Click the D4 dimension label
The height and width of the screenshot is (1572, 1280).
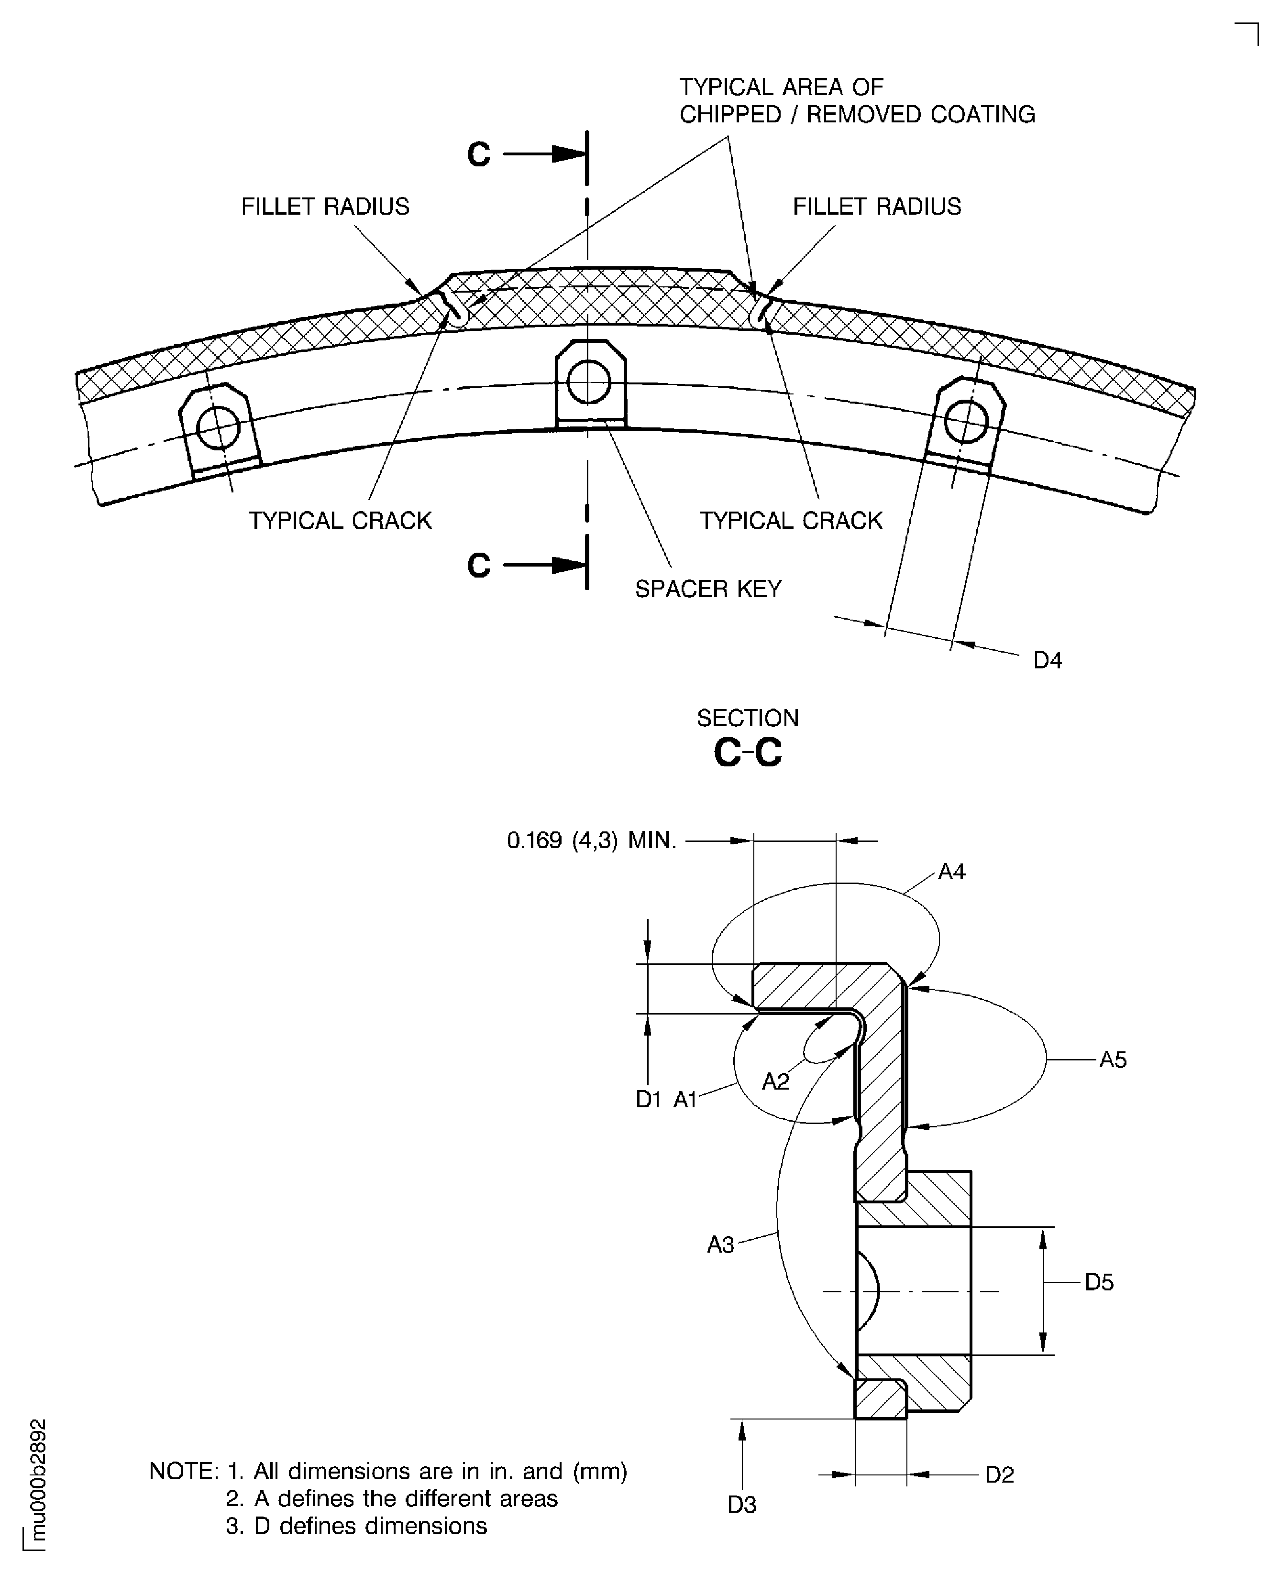[1047, 660]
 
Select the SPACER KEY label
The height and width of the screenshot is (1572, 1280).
[708, 589]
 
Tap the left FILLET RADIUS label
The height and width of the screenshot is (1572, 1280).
[325, 207]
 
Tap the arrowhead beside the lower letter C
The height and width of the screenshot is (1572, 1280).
[568, 565]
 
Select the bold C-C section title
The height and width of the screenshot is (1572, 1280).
[747, 753]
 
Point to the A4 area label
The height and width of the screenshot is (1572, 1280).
[951, 872]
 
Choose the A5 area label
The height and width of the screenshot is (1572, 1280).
[1113, 1060]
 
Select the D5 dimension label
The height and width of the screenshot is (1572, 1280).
[1099, 1282]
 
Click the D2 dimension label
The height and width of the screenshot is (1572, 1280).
[999, 1475]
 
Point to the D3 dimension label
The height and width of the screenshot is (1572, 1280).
[742, 1505]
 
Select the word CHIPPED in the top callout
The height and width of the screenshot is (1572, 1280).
[730, 115]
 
